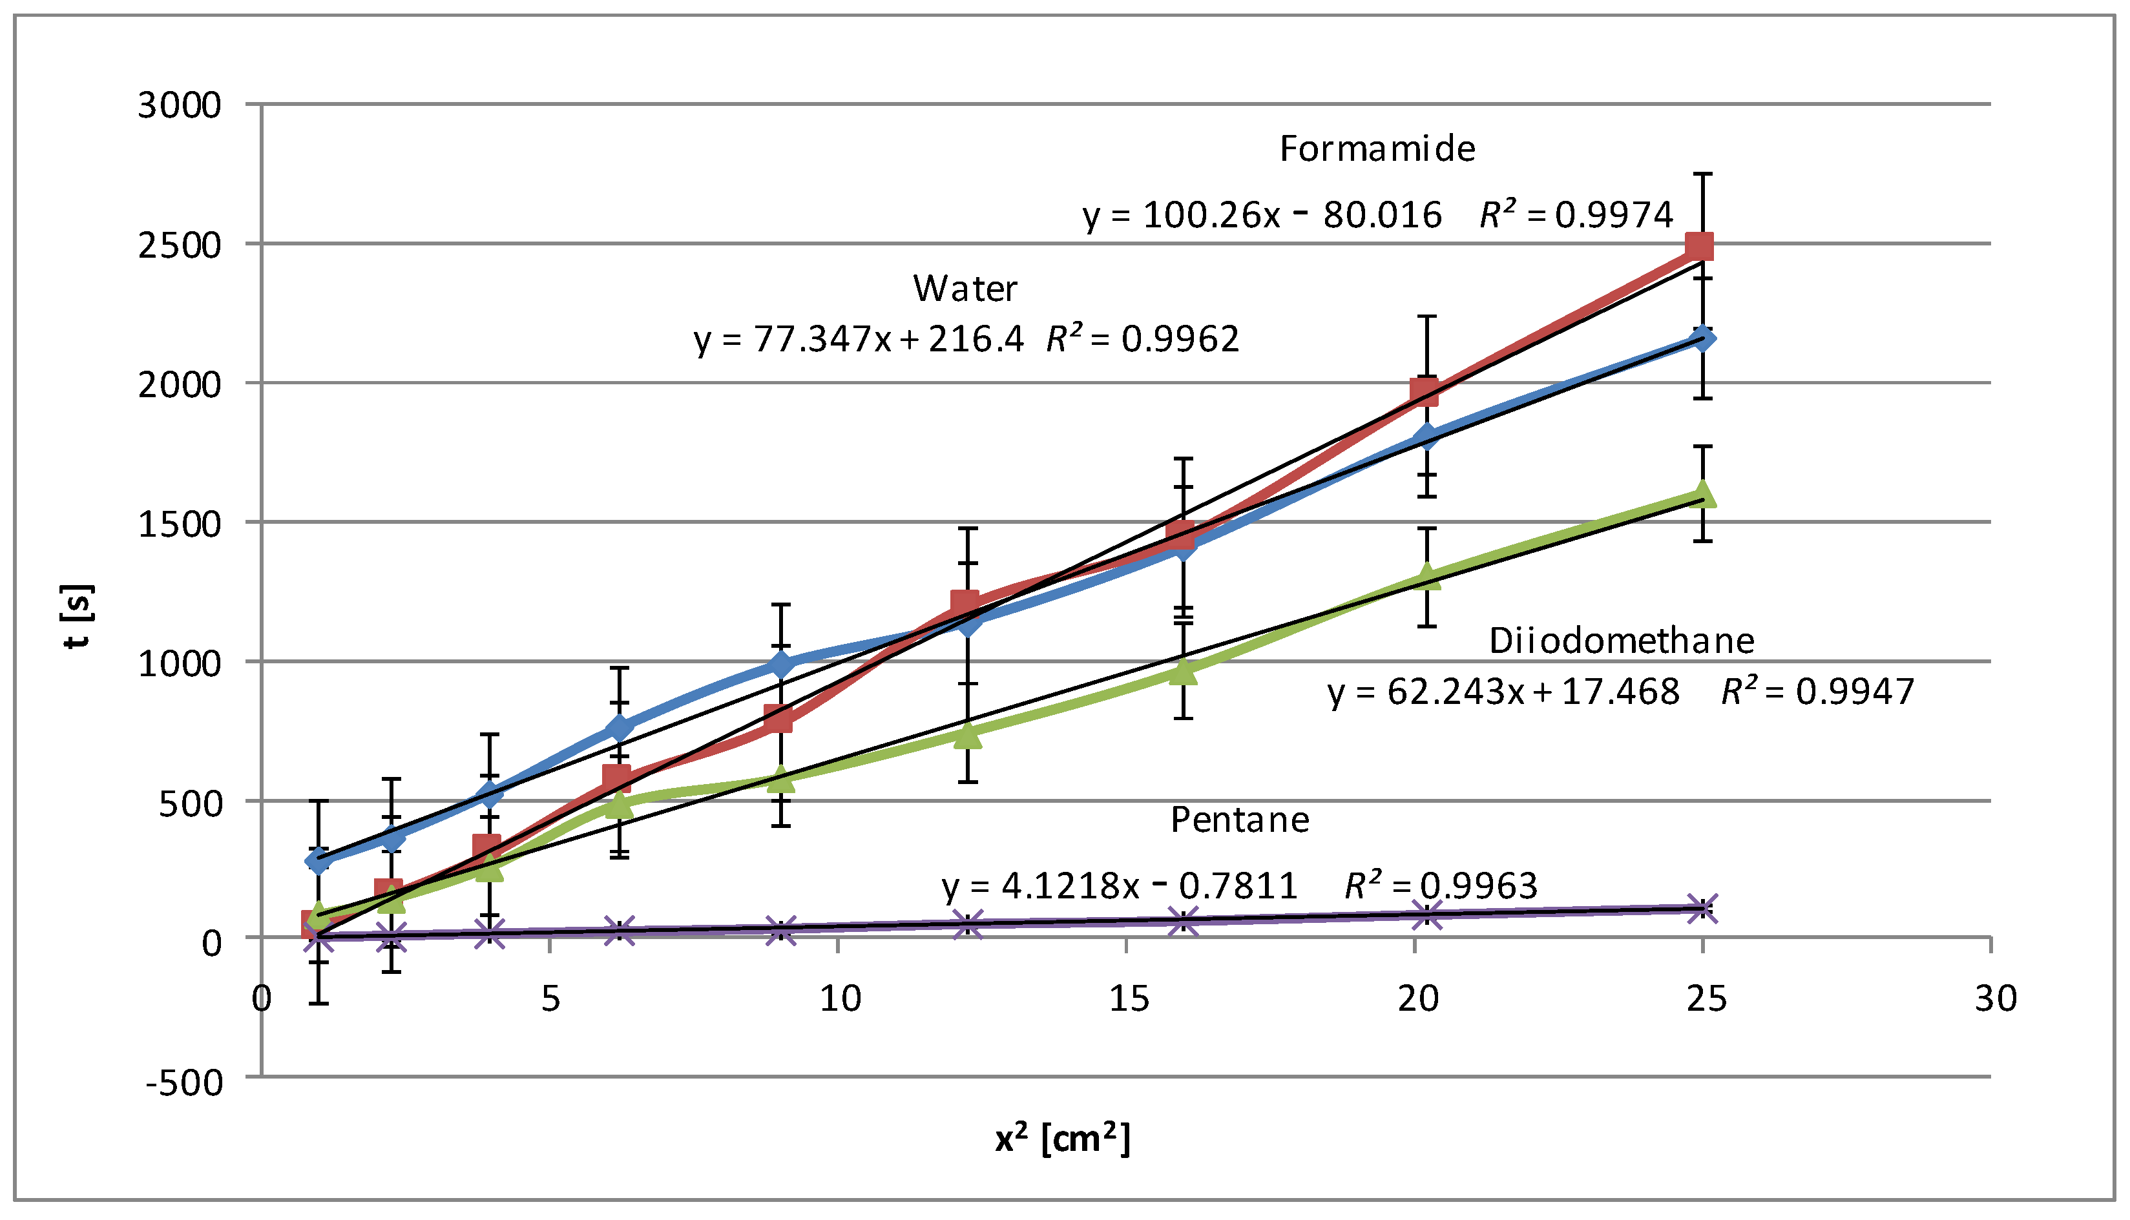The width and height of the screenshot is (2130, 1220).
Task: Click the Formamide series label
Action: click(1376, 149)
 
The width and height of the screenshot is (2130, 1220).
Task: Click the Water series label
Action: click(965, 289)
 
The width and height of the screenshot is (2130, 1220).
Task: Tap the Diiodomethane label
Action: click(1620, 641)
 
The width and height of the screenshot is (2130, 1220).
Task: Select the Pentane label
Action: click(1238, 820)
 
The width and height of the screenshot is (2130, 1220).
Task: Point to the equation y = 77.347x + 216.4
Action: click(858, 339)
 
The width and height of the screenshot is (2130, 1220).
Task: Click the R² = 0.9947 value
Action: click(1817, 691)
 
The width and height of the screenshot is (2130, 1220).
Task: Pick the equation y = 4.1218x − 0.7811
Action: click(1119, 885)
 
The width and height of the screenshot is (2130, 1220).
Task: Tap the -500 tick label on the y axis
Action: click(184, 1082)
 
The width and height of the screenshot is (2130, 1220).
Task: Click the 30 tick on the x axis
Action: click(1995, 998)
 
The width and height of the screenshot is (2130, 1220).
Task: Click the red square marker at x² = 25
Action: click(1698, 246)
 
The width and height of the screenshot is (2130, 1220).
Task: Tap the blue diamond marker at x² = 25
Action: click(1702, 339)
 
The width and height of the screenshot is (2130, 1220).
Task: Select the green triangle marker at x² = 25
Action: click(1702, 494)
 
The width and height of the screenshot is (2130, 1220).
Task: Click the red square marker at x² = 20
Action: click(1425, 391)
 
